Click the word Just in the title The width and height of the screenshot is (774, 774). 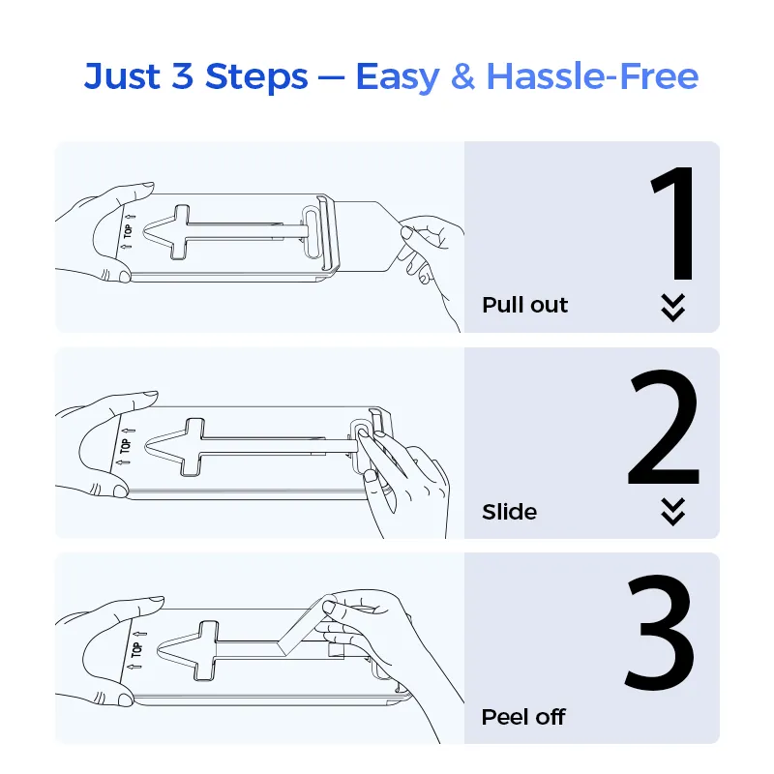pos(122,76)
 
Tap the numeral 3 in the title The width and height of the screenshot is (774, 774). pos(182,76)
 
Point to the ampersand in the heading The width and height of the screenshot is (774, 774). pos(462,76)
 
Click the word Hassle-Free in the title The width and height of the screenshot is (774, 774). pos(592,76)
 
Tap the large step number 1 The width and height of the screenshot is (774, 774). pos(673,223)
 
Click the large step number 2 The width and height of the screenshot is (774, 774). pos(664,427)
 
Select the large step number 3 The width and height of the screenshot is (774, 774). pos(660,632)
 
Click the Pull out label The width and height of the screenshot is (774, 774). pos(524,305)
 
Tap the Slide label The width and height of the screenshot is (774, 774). pos(510,512)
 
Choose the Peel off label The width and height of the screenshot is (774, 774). pos(523,717)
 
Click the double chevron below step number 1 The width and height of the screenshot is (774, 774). pos(673,308)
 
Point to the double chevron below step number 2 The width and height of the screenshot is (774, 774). pos(673,512)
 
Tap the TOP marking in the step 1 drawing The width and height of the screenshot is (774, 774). pos(128,231)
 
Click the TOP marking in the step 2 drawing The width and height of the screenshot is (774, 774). pos(126,446)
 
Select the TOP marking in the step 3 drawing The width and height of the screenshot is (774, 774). pos(136,649)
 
